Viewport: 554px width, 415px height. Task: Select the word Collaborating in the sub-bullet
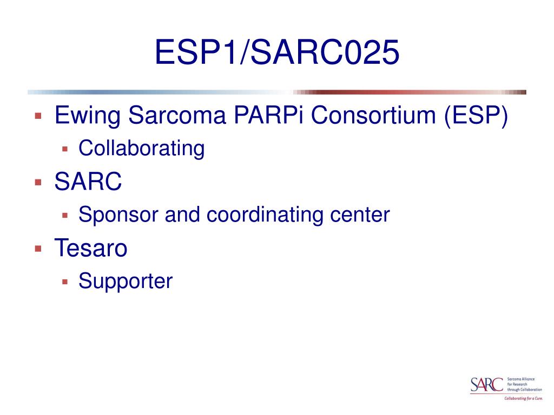[141, 148]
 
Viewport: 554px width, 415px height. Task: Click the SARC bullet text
[88, 182]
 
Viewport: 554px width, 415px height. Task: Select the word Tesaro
[91, 248]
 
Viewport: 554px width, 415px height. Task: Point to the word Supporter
[125, 281]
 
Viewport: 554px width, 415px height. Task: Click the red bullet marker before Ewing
[38, 116]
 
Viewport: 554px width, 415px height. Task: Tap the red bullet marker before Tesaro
[38, 249]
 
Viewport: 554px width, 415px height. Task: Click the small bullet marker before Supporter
[64, 282]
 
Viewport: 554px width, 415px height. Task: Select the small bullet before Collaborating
[64, 149]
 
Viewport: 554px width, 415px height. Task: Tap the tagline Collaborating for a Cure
[523, 398]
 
